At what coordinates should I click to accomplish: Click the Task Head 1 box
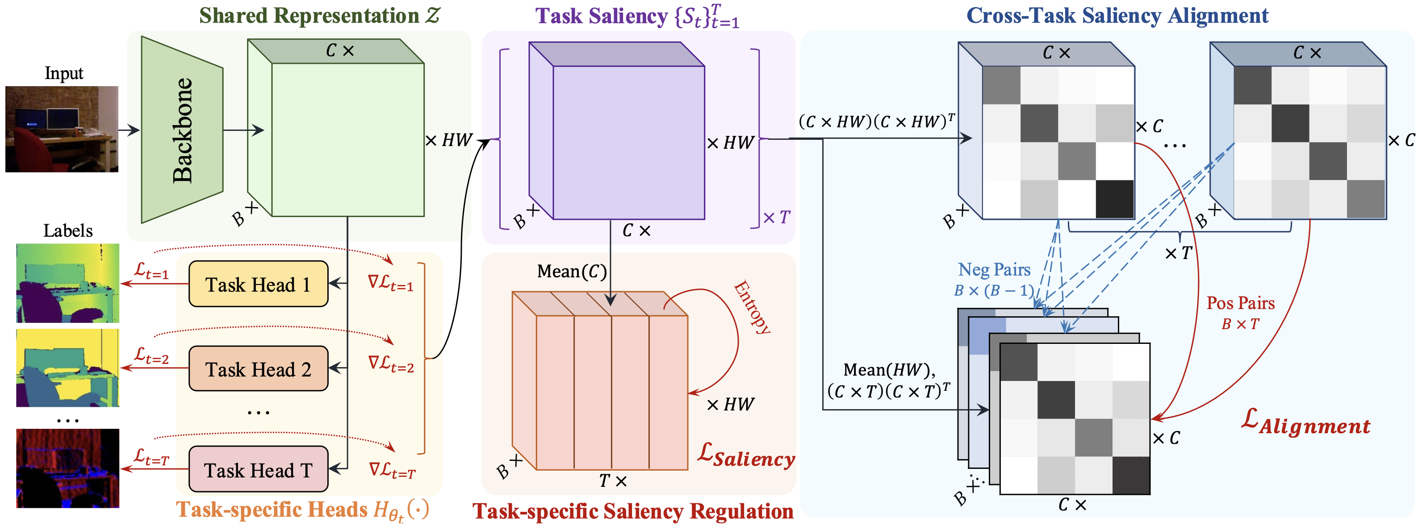258,284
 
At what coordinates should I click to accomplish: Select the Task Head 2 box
258,368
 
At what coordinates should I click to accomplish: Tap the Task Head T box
258,469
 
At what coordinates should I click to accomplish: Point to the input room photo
62,129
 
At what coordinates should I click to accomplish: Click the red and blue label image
67,468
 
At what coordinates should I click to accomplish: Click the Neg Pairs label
994,269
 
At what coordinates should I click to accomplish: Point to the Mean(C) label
572,272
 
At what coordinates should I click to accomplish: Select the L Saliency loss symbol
746,456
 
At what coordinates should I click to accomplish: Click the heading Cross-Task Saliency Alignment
1117,16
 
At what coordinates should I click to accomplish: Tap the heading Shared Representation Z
320,16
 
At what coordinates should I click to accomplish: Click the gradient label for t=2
391,364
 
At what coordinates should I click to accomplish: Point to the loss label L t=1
151,271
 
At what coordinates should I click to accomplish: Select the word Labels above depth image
68,230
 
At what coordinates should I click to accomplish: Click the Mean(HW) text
889,370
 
